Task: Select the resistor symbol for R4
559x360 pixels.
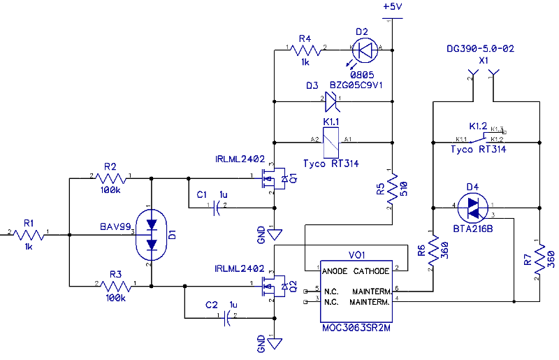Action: (x=304, y=49)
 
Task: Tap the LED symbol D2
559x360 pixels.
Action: (x=363, y=49)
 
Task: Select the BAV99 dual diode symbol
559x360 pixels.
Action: (x=150, y=234)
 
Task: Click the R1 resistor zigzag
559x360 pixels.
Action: (x=29, y=236)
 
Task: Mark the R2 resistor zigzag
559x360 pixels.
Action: (x=110, y=179)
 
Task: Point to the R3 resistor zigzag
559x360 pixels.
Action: (x=115, y=285)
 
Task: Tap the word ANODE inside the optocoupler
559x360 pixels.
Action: (x=336, y=271)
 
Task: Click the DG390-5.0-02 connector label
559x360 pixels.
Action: (x=481, y=50)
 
